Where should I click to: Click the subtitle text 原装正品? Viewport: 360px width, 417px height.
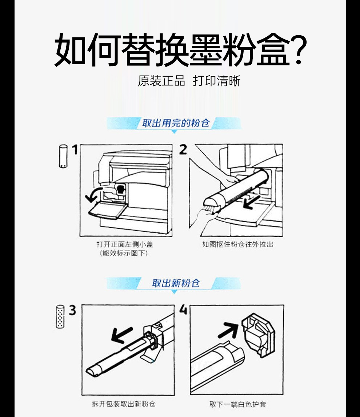point(161,81)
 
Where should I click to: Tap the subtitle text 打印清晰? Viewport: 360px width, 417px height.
point(216,81)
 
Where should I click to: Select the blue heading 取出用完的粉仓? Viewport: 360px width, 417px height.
point(176,123)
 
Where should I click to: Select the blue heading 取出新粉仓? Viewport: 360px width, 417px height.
point(176,283)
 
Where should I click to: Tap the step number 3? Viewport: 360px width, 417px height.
point(72,310)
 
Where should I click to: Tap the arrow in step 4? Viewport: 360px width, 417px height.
point(228,329)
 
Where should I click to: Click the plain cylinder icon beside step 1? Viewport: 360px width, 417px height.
point(63,156)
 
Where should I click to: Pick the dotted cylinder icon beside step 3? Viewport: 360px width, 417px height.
point(60,316)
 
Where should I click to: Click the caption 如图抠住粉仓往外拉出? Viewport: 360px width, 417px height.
point(238,244)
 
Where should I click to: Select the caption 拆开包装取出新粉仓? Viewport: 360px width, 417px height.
point(124,404)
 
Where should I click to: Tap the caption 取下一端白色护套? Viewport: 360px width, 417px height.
point(238,405)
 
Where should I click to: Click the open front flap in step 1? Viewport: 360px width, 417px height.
point(107,210)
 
